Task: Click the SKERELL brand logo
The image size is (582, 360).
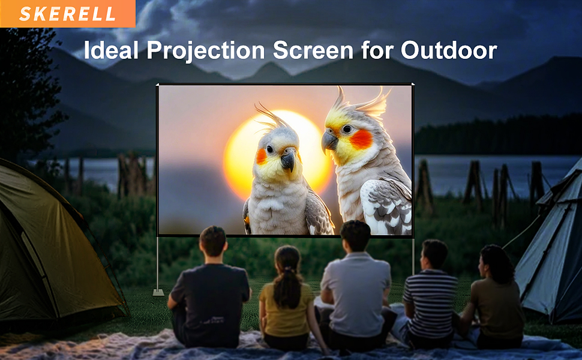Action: (x=67, y=14)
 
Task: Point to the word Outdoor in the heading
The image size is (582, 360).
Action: (x=449, y=50)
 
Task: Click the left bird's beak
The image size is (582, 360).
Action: (x=288, y=160)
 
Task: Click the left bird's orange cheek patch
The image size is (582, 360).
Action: (x=262, y=156)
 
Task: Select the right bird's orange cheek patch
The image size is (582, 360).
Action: (x=361, y=139)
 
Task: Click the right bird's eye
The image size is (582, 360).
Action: (x=346, y=128)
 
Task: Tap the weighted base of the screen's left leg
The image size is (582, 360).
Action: (x=158, y=293)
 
